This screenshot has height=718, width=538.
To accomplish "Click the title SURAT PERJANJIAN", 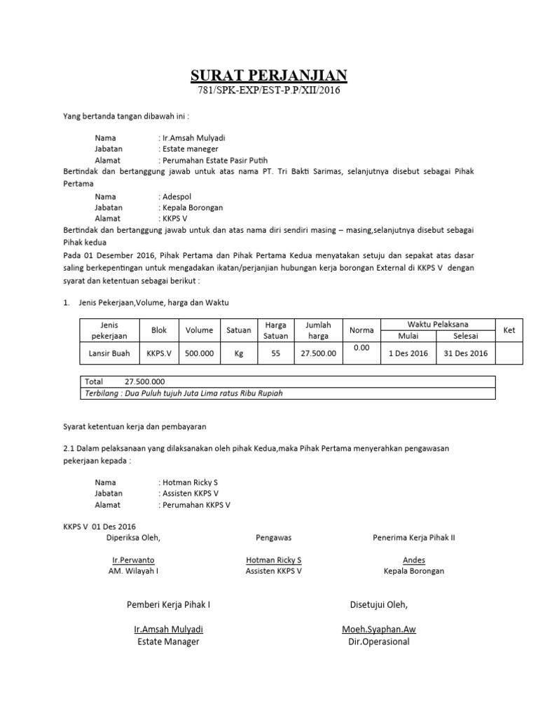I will pyautogui.click(x=270, y=76).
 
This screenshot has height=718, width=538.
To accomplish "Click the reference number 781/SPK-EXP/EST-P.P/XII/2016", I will pyautogui.click(x=270, y=91).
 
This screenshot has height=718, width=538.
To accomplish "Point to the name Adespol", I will pyautogui.click(x=176, y=196).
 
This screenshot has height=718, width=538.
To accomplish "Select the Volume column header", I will pyautogui.click(x=199, y=330).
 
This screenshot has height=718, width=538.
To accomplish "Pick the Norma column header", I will pyautogui.click(x=361, y=330).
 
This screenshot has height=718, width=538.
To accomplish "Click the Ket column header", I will pyautogui.click(x=509, y=329).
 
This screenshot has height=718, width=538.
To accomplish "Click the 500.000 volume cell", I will pyautogui.click(x=199, y=353).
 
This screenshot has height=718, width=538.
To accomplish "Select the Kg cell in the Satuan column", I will pyautogui.click(x=238, y=353).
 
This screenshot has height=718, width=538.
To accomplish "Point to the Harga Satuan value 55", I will pyautogui.click(x=275, y=353).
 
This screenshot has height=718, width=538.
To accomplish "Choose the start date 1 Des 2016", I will pyautogui.click(x=408, y=353).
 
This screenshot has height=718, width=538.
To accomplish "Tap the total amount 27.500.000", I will pyautogui.click(x=144, y=381).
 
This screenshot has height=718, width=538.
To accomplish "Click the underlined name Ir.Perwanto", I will pyautogui.click(x=133, y=560).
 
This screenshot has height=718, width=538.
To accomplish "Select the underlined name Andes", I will pyautogui.click(x=413, y=560).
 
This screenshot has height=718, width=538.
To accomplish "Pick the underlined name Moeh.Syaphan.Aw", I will pyautogui.click(x=378, y=630).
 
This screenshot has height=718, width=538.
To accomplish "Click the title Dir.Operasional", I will pyautogui.click(x=378, y=642).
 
